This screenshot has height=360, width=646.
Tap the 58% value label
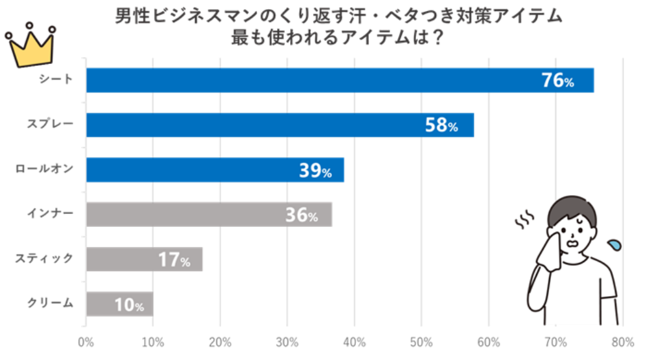pyautogui.click(x=441, y=125)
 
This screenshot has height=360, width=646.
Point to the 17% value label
pyautogui.click(x=174, y=260)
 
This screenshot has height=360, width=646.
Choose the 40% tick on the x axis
pyautogui.click(x=354, y=341)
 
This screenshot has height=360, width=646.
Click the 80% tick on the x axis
pyautogui.click(x=622, y=341)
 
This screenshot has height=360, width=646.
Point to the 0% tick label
pyautogui.click(x=86, y=341)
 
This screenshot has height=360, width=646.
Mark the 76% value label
pyautogui.click(x=557, y=81)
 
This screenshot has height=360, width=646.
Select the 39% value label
pyautogui.click(x=315, y=171)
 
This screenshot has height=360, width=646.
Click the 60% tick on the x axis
pyautogui.click(x=488, y=341)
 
